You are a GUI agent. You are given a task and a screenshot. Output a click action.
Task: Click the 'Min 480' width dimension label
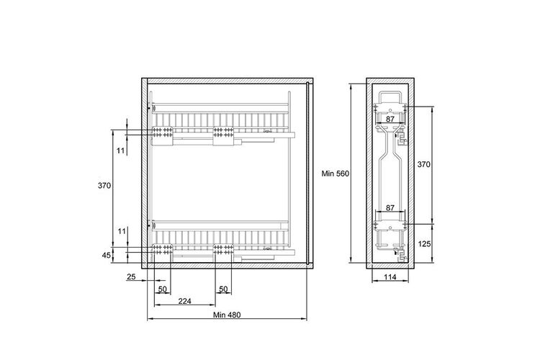[x=227, y=315]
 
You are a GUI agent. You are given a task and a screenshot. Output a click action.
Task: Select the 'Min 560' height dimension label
[x=335, y=174]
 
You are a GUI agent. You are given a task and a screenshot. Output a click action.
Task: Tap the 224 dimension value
[x=184, y=301]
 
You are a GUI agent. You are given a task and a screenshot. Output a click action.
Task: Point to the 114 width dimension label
[x=390, y=276]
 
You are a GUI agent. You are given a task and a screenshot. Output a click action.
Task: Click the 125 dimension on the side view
[x=424, y=244]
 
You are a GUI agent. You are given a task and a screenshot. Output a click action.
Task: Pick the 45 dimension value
[x=107, y=256]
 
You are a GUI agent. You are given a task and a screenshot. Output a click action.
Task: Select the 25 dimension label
[x=131, y=276]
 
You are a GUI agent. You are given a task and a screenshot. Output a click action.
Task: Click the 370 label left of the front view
[x=104, y=185]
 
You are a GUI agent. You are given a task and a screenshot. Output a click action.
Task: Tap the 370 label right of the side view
[x=423, y=164]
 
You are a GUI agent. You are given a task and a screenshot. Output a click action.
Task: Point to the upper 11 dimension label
[x=120, y=150]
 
